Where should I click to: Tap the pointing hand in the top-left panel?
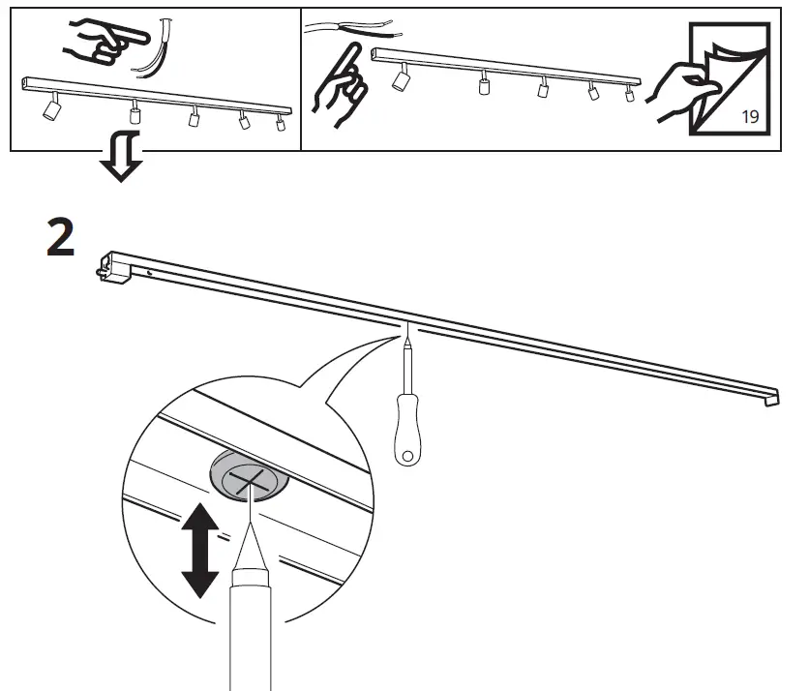pos(100,42)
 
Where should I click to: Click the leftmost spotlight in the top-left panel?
pos(48,109)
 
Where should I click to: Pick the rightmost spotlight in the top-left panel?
pos(281,123)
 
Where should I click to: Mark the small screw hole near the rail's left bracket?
pos(149,275)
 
